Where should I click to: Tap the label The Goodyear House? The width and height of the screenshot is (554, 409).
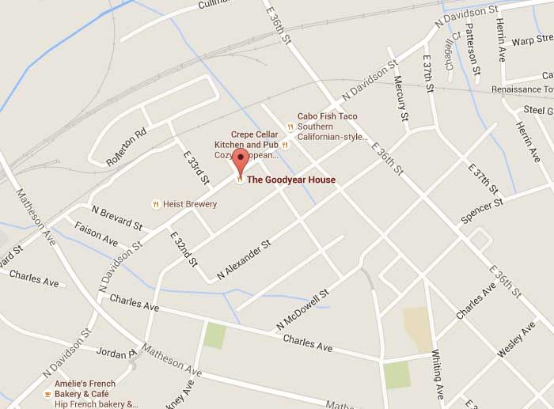(290, 180)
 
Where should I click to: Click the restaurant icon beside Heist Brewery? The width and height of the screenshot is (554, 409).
(156, 204)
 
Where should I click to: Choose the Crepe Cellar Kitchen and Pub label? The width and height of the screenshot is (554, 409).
(255, 140)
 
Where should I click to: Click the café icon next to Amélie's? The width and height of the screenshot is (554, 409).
(47, 393)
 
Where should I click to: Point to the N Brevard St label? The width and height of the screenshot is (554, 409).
(116, 218)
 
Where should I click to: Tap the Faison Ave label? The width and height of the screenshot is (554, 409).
(96, 233)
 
